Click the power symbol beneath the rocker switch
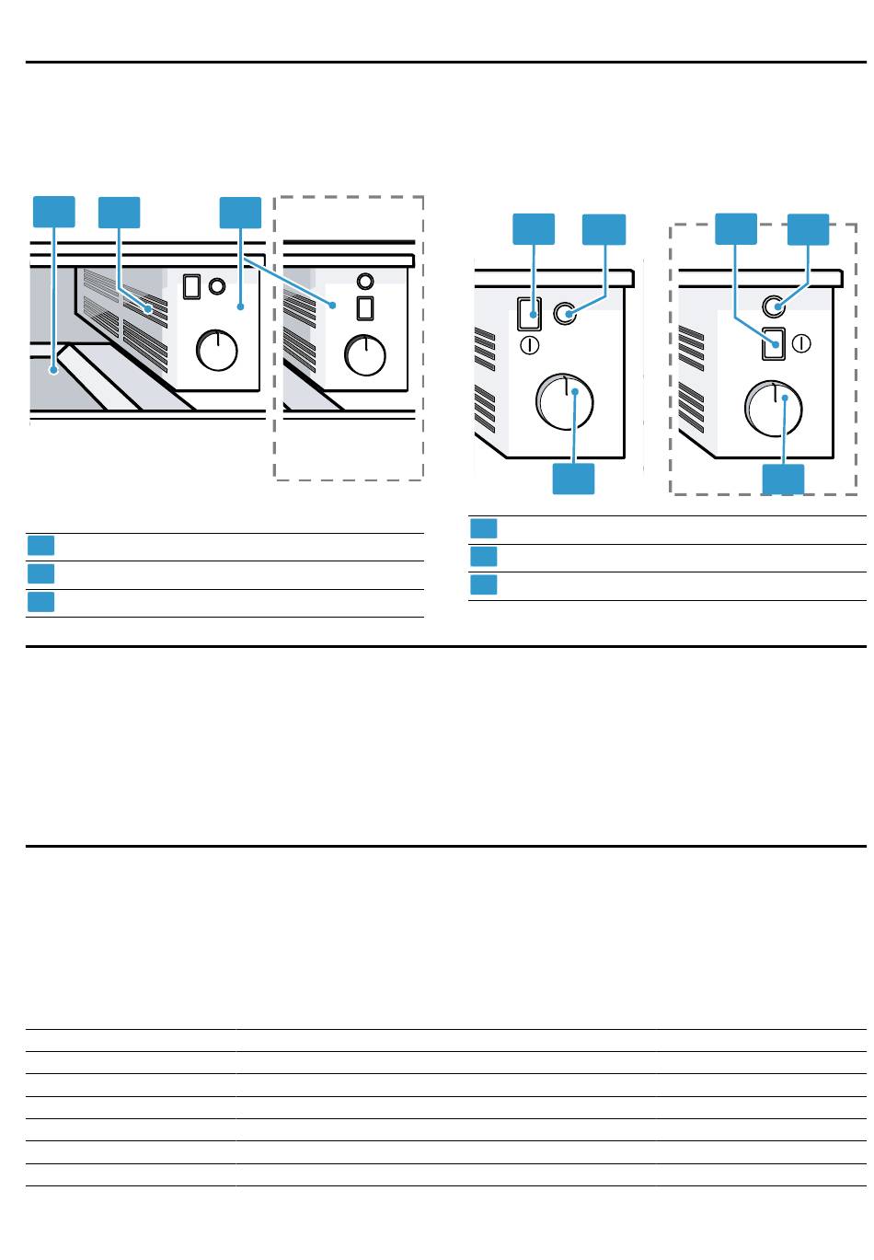tap(529, 345)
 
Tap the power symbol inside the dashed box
tap(800, 343)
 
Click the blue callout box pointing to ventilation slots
tap(120, 212)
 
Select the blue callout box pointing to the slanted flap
tap(53, 212)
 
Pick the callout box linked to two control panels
tap(240, 212)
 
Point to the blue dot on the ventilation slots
tap(147, 309)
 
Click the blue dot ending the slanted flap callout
tap(55, 371)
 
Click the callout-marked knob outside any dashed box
tap(565, 404)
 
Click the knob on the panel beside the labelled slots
tap(217, 350)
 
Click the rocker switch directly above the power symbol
tap(529, 314)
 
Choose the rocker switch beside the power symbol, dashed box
tap(774, 343)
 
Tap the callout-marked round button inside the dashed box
tap(774, 307)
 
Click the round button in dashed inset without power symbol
tap(365, 280)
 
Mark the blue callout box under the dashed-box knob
tap(783, 480)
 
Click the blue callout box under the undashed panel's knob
tap(573, 479)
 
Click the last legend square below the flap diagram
tap(40, 602)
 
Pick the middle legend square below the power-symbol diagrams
tap(484, 557)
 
